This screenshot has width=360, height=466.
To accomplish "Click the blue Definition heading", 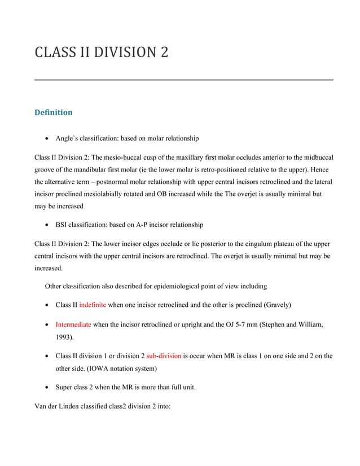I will (54, 112).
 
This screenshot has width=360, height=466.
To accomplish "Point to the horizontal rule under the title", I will (184, 80).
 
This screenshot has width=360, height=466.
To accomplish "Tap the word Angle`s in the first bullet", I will (67, 138).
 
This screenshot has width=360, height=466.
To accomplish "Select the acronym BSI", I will (62, 225).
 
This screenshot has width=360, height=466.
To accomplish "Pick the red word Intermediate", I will (73, 325).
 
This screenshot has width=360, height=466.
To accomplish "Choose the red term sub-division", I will (164, 356).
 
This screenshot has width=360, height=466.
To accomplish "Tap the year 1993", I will (64, 337).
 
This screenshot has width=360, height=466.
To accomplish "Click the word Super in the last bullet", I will (65, 388).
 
